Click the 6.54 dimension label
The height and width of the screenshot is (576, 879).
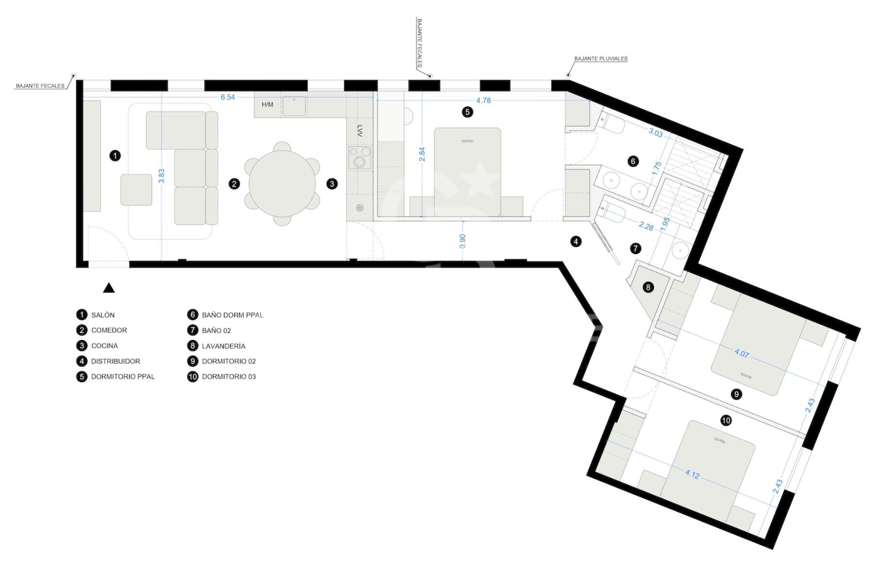tap(227, 97)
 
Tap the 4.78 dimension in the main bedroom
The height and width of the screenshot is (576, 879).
tap(483, 101)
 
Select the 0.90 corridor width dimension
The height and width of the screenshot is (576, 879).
tap(462, 241)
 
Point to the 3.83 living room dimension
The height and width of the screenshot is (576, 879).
tap(162, 176)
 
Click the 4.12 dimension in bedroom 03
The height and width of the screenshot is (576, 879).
tap(692, 474)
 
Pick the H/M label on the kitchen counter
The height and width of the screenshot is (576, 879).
tap(267, 104)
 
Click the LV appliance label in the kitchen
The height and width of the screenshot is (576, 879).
tap(359, 131)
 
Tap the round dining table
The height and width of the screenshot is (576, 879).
tap(282, 184)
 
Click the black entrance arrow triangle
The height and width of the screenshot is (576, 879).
tap(109, 288)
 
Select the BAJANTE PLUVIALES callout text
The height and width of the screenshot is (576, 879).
tap(601, 59)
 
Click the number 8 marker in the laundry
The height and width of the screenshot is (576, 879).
tap(648, 287)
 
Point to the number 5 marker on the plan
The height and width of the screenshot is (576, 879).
tap(467, 112)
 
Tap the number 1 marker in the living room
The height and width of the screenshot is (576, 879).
tap(115, 156)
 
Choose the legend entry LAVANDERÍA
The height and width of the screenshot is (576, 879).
tap(223, 346)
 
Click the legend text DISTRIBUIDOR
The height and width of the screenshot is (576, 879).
tap(116, 361)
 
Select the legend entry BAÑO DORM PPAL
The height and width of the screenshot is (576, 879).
tap(233, 315)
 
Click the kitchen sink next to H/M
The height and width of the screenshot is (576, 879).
tap(294, 106)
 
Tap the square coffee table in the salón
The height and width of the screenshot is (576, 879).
tap(136, 189)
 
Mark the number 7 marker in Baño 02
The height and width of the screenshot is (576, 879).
tap(635, 249)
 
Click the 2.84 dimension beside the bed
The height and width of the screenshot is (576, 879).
tap(422, 154)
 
